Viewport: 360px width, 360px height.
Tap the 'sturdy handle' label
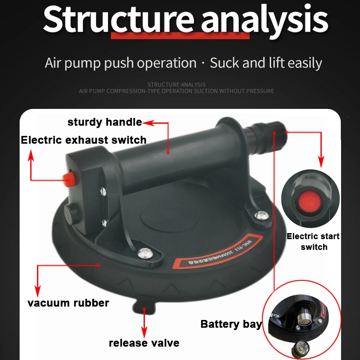coord(104,122)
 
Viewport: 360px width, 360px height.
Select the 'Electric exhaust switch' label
coord(84,140)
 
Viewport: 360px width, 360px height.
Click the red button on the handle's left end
coord(69,178)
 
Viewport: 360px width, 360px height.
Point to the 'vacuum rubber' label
coord(68,303)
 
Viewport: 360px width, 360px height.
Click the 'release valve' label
coord(144,343)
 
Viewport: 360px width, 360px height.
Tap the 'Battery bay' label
coord(231,324)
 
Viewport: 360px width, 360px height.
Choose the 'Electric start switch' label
coord(313,242)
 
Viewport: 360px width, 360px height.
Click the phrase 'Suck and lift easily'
coord(266,63)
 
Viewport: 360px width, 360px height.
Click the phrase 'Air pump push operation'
coord(121,63)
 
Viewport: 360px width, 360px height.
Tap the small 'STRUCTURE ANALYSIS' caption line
coord(176,85)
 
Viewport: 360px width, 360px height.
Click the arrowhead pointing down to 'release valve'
coord(144,330)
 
